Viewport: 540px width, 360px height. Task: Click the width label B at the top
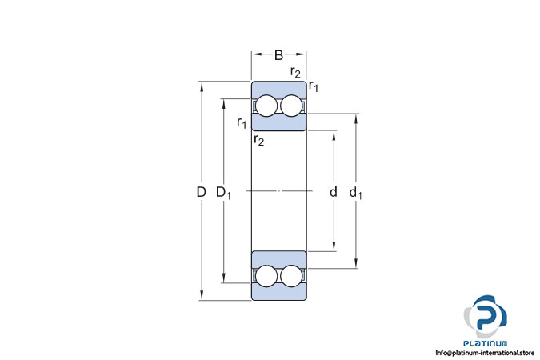(279, 55)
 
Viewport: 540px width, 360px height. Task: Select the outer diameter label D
(201, 192)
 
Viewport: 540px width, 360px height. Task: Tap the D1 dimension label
(225, 193)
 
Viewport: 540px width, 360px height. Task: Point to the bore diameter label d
(333, 192)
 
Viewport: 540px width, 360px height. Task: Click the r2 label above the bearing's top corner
(296, 73)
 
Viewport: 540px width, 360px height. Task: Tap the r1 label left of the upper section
(242, 122)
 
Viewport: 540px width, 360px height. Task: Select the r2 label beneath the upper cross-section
(258, 141)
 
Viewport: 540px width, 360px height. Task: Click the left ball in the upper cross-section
(266, 107)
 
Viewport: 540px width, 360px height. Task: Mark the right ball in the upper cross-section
(292, 107)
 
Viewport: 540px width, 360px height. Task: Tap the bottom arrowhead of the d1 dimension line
(356, 265)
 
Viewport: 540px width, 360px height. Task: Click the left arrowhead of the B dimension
(255, 55)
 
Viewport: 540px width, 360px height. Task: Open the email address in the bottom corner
(484, 352)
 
